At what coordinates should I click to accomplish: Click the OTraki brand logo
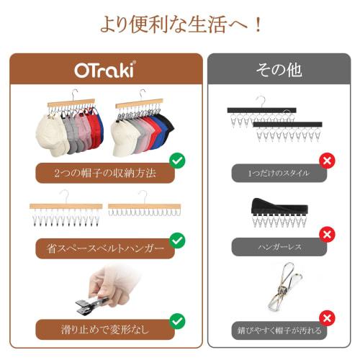[x=105, y=70]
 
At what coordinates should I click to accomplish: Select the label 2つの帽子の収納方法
[x=105, y=174]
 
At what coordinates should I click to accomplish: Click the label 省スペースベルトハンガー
[x=105, y=249]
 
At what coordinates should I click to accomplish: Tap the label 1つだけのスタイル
[x=279, y=173]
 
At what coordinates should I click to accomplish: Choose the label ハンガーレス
[x=279, y=247]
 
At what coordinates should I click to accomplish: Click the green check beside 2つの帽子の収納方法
[x=176, y=160]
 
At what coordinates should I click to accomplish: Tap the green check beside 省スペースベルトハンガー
[x=176, y=240]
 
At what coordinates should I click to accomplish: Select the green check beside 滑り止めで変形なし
[x=176, y=320]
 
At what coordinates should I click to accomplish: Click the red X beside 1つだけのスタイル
[x=327, y=160]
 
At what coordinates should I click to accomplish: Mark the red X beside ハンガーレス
[x=327, y=234]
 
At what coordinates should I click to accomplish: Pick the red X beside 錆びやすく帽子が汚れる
[x=327, y=318]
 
